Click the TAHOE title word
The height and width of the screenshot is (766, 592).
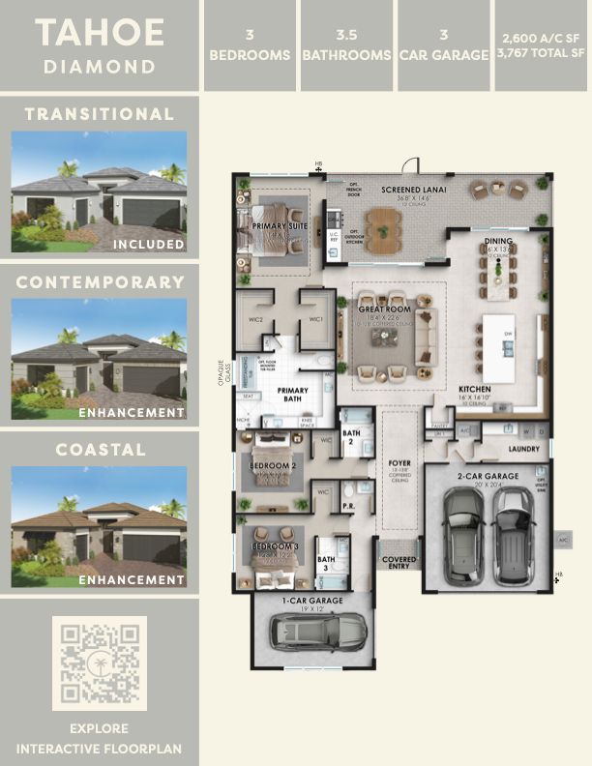tap(100, 33)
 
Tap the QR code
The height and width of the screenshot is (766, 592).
tap(100, 664)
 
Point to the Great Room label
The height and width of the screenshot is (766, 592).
tap(384, 309)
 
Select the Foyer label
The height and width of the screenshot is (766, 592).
tap(400, 463)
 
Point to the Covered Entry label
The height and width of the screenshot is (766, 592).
tap(400, 562)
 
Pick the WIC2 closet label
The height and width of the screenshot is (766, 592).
tap(257, 319)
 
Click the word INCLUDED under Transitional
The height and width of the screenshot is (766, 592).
tap(148, 244)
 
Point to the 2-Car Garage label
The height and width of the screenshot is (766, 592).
tap(490, 476)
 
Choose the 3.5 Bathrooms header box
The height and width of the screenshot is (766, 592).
tap(346, 45)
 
